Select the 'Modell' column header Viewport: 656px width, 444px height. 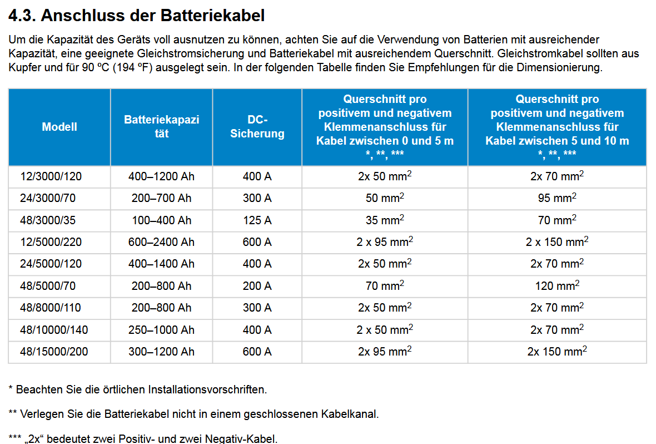point(59,127)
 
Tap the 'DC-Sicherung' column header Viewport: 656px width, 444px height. point(257,127)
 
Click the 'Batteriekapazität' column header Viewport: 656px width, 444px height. point(161,127)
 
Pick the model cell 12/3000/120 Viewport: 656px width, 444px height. point(51,177)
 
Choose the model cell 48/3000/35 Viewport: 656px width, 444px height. point(48,220)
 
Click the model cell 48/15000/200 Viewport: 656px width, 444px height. point(54,352)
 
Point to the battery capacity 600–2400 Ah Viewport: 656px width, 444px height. point(161,242)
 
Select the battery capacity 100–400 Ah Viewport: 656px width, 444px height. point(161,220)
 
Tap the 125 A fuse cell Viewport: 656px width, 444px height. point(257,220)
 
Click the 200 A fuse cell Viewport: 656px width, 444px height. point(257,286)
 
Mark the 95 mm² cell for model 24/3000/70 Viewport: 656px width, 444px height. point(556,199)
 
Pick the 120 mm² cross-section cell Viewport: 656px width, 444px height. point(556,286)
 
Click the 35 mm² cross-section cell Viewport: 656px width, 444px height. point(385,220)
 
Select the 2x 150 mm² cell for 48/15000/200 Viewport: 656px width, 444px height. point(556,352)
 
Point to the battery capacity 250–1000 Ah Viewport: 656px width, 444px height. point(161,330)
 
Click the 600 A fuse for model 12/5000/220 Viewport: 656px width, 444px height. point(257,242)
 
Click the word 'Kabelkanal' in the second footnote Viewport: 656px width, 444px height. point(349,414)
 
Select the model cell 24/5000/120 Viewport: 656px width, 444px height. point(51,264)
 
